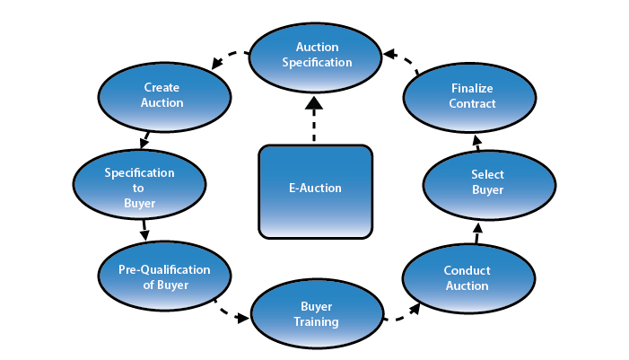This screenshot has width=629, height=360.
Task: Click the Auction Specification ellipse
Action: click(313, 54)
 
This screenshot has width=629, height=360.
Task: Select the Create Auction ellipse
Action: click(162, 95)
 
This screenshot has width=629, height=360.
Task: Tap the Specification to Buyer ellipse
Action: click(139, 188)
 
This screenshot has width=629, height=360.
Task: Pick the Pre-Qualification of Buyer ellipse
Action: click(164, 277)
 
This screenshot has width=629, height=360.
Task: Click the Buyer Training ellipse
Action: click(316, 313)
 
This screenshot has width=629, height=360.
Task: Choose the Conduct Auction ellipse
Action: click(466, 277)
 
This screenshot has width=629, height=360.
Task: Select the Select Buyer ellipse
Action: click(487, 181)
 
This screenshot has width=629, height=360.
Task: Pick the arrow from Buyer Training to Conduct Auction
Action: click(402, 312)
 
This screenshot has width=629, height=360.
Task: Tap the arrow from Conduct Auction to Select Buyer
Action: click(476, 232)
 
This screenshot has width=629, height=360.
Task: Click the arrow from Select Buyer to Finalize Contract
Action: click(477, 142)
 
